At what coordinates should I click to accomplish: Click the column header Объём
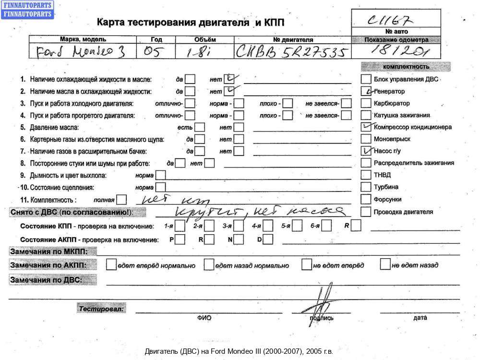[205, 39]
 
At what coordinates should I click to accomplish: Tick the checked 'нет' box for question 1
[229, 79]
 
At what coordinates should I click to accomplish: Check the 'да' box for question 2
[190, 91]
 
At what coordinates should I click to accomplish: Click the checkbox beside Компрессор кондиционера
[366, 127]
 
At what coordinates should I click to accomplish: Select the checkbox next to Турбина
[366, 187]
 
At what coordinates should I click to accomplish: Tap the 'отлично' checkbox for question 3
[190, 103]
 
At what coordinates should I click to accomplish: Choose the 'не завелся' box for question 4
[346, 115]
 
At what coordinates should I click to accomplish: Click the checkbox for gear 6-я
[327, 226]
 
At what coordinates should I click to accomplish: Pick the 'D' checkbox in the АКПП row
[268, 239]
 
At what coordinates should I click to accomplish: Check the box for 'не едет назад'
[385, 264]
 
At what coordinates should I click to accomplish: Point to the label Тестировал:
[101, 309]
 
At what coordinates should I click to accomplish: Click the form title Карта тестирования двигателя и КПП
[193, 23]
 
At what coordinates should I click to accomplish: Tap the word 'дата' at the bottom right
[420, 318]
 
